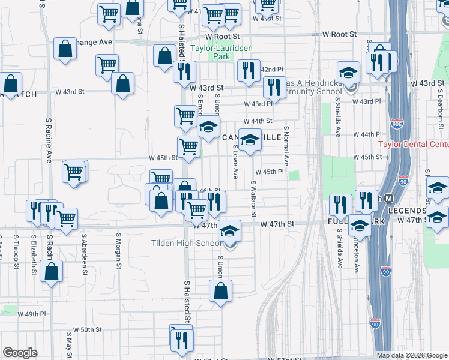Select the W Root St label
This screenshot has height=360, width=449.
(339, 36)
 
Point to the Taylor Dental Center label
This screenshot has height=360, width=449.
(414, 145)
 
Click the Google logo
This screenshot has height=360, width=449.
(20, 352)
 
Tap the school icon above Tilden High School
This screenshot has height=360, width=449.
(229, 231)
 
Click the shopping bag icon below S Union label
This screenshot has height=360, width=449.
(221, 292)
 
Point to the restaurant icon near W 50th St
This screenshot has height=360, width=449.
(181, 339)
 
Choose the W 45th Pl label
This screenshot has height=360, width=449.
(273, 172)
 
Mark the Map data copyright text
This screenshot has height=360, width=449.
(412, 355)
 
